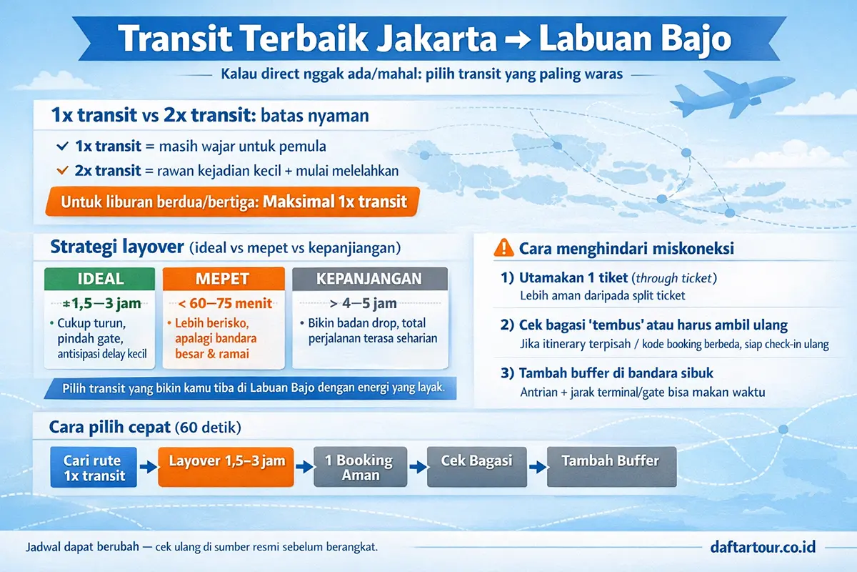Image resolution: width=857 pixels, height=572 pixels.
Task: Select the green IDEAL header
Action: click(99, 279)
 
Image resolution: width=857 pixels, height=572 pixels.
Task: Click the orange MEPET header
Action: click(223, 279)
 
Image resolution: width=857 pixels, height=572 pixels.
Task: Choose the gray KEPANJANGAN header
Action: click(370, 279)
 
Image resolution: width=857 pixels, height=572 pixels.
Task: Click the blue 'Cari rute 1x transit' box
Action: click(94, 468)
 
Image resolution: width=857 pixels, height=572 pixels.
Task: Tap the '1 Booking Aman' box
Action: click(361, 468)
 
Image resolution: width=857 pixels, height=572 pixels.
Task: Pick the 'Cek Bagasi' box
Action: click(476, 461)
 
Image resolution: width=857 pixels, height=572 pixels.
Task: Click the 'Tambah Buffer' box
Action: click(611, 461)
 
